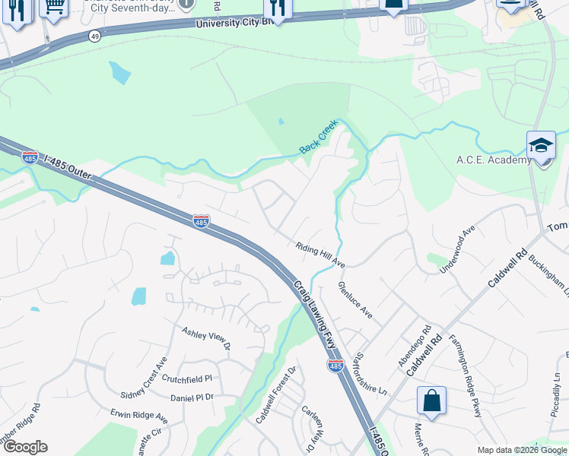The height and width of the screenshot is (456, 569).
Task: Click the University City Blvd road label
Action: [x=234, y=24]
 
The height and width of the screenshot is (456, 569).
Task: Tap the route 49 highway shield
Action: [x=94, y=36]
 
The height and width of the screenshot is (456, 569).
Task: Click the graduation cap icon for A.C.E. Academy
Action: [x=540, y=145]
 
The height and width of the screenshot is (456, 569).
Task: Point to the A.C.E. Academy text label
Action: [x=494, y=160]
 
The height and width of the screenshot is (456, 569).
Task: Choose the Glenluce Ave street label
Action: [x=355, y=299]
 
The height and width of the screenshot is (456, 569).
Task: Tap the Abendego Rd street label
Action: [x=415, y=346]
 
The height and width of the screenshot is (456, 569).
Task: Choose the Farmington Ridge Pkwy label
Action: [x=466, y=364]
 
